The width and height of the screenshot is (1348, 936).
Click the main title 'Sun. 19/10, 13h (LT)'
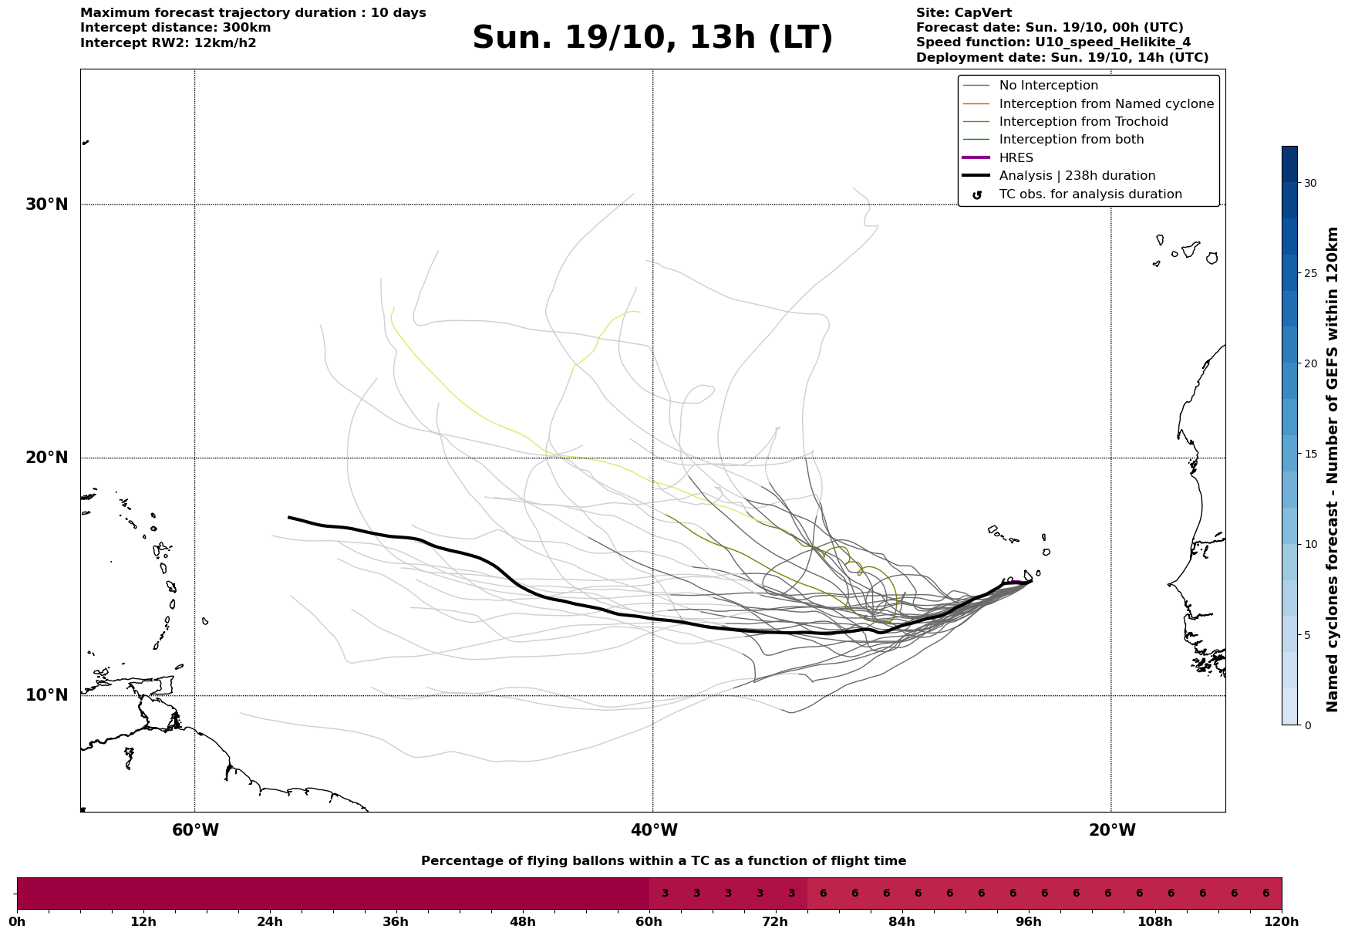pos(652,38)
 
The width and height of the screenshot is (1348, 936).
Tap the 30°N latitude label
pos(47,204)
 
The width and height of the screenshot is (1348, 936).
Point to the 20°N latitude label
pos(47,458)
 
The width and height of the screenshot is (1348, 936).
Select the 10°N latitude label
pos(47,695)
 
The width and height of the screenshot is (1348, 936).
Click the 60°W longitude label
pos(195,830)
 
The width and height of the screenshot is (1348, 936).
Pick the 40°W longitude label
pos(654,830)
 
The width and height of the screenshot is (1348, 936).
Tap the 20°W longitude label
pos(1112,830)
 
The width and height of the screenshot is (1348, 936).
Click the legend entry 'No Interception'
pos(1048,86)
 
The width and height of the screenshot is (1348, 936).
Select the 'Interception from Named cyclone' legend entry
pos(1106,104)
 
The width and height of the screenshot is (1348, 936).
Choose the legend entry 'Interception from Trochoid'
pos(1083,122)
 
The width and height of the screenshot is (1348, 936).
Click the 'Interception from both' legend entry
pos(1071,140)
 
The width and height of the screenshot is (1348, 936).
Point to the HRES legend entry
pos(1016,158)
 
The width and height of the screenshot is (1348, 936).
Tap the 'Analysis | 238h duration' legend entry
pos(1077,176)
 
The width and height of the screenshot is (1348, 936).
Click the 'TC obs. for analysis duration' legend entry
pos(1090,194)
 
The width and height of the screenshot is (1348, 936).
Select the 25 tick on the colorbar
pos(1310,273)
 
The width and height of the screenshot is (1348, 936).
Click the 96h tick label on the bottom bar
pos(1028,922)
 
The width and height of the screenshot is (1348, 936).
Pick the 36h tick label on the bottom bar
pos(396,922)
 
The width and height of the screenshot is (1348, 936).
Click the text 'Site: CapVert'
pos(963,13)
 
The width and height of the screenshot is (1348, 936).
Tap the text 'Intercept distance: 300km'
pos(175,28)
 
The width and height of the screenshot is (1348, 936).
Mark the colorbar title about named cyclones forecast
pos(1332,469)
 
